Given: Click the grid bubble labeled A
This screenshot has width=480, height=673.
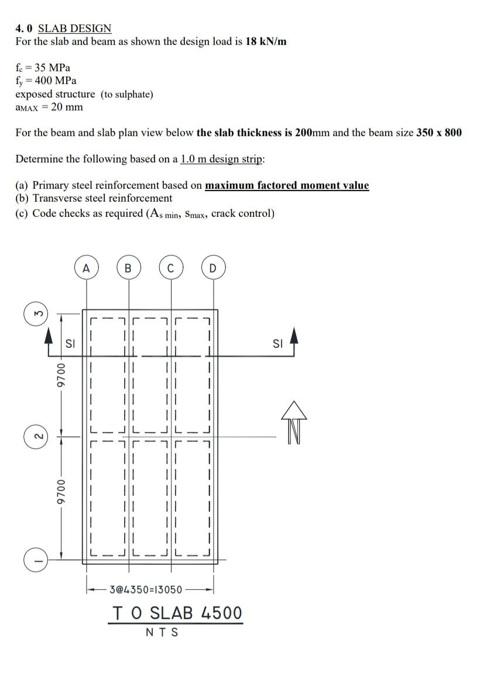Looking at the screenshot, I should [87, 268].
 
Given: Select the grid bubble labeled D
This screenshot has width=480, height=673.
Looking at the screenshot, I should [212, 268].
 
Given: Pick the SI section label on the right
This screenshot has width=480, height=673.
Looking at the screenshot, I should [277, 344].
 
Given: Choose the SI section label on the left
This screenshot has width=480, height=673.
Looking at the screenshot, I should [70, 344].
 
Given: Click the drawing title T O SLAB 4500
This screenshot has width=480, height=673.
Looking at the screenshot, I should [176, 613].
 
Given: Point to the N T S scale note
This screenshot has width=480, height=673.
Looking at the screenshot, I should [162, 632].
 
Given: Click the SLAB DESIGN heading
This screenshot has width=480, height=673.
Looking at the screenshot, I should [74, 28].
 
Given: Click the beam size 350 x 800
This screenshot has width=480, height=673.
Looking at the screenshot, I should [438, 132].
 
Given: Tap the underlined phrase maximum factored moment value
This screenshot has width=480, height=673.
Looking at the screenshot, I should [287, 185].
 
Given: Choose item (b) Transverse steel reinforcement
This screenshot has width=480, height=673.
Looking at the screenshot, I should [94, 198].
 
